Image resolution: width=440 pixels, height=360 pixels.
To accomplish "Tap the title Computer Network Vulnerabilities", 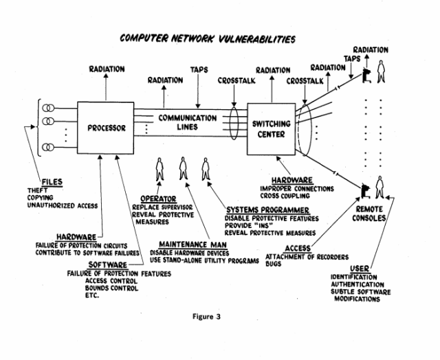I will point(208,38).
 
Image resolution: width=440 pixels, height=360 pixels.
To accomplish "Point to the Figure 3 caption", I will point(209,317).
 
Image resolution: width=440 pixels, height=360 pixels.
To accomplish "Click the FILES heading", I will point(51,182).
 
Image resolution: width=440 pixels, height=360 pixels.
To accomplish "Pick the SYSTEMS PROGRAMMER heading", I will point(263,210).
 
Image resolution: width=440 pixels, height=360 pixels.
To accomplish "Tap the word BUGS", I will point(274,264).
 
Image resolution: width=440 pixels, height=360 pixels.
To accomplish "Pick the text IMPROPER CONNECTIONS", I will point(297,187).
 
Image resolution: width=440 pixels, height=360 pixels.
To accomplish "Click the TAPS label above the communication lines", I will point(199,69).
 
